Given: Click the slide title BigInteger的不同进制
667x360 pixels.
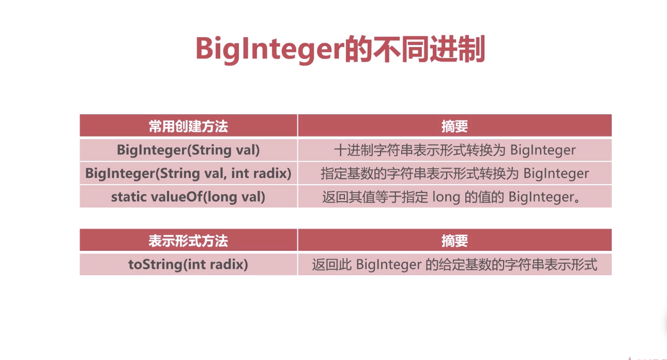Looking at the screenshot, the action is [340, 49].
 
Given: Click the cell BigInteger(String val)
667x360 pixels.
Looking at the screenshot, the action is [188, 150].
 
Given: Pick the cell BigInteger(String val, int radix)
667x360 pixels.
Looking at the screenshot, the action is [188, 173].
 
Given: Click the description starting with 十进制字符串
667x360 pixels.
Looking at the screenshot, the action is [454, 150].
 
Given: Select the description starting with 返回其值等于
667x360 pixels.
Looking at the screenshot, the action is [451, 197].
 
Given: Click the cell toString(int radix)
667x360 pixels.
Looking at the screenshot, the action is [188, 264].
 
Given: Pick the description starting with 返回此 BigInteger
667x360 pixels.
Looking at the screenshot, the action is [454, 264].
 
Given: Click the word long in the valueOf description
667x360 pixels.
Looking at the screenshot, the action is [446, 197].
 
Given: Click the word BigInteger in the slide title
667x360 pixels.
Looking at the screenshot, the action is [270, 50].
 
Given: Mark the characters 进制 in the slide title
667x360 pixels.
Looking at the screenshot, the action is [458, 49].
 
